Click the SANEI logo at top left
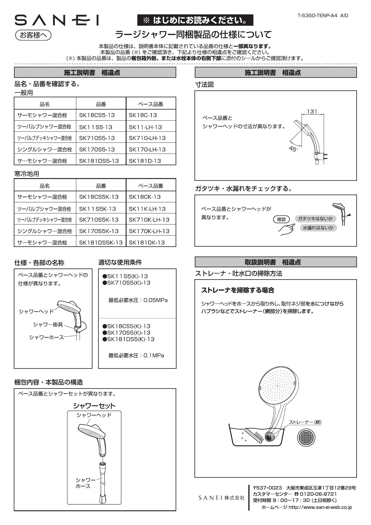[x=57, y=20]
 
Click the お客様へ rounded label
[x=33, y=35]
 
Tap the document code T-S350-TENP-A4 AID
[x=323, y=16]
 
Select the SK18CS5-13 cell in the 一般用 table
[x=97, y=115]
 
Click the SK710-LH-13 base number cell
[x=147, y=138]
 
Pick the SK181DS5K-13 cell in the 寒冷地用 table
[x=101, y=242]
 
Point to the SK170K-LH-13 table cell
[x=149, y=231]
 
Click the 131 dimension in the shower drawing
[x=312, y=111]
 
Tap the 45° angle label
[x=294, y=149]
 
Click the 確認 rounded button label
[x=281, y=219]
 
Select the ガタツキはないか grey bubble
[x=315, y=219]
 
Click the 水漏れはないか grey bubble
[x=318, y=228]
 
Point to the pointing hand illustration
[x=286, y=230]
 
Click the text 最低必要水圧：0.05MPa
[x=138, y=300]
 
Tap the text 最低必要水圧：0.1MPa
[x=136, y=355]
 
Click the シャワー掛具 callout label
[x=48, y=325]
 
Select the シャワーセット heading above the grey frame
[x=94, y=406]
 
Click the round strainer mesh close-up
[x=306, y=438]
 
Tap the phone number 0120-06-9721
[x=318, y=494]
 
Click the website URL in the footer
[x=320, y=507]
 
